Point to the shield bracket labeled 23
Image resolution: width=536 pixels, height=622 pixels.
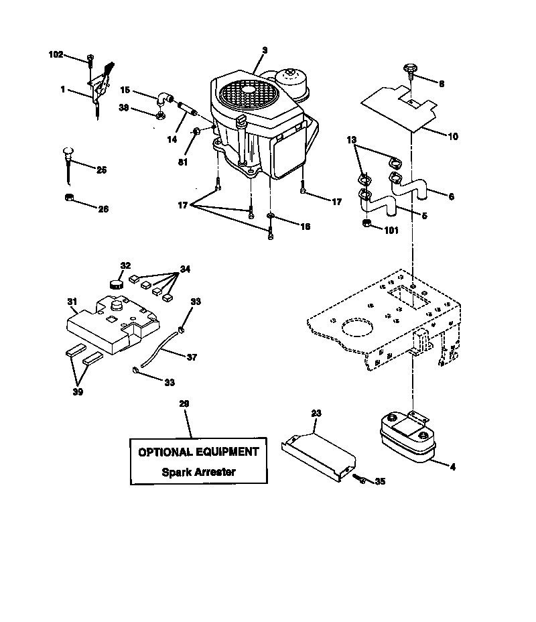[318, 454]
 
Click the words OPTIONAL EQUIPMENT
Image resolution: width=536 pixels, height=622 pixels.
[198, 452]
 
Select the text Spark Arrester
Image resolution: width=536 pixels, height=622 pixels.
[198, 471]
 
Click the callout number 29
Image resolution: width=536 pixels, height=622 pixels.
[184, 403]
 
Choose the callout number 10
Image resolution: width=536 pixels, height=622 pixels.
[452, 136]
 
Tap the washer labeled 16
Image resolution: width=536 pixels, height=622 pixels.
[270, 216]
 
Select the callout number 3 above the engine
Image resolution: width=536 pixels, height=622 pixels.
[265, 50]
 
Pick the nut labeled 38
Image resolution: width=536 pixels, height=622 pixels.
[160, 115]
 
